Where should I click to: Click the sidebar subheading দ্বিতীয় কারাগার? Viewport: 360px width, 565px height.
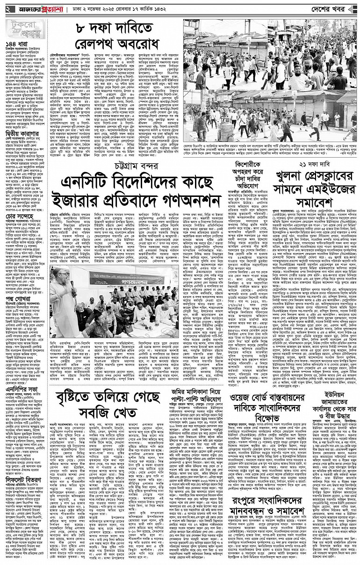(x=20, y=165)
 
